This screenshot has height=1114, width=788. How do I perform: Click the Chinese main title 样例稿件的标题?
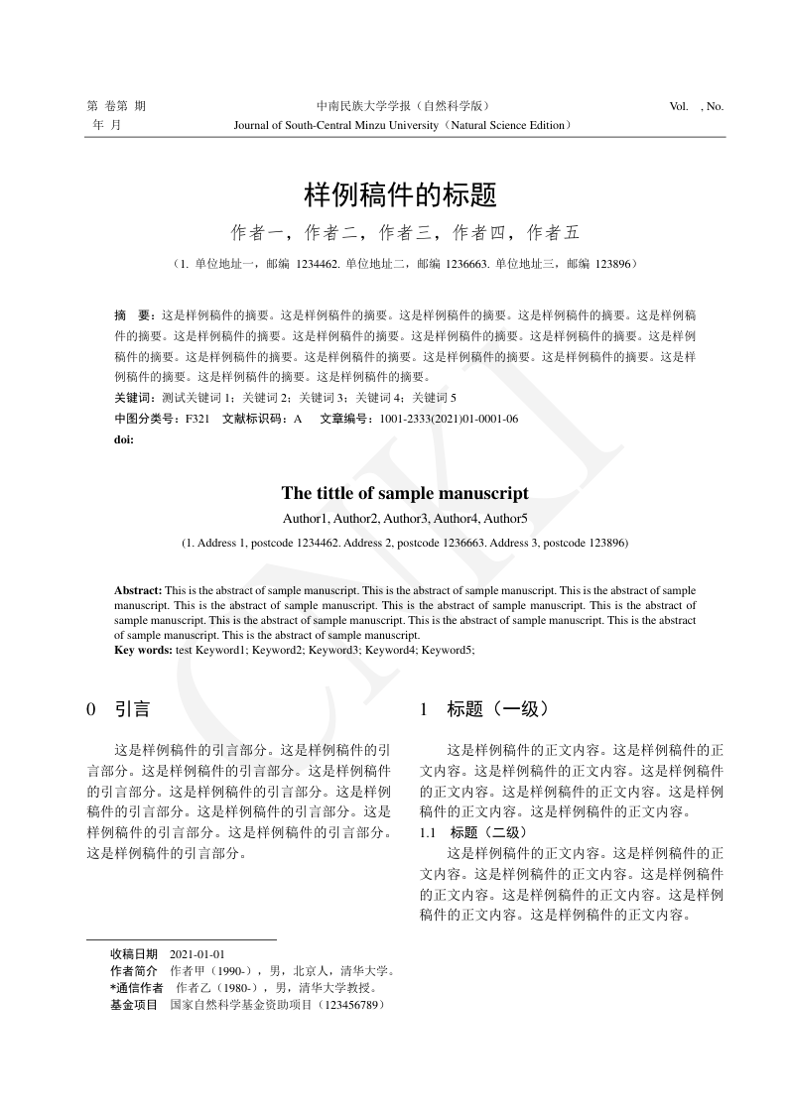(399, 193)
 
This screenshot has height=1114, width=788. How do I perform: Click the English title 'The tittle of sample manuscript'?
(405, 493)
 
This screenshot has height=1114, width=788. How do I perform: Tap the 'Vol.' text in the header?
(679, 106)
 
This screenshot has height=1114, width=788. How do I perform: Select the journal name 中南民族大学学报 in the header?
(363, 106)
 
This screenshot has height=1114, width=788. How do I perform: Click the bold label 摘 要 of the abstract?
(132, 313)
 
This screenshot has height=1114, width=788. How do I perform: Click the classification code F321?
(197, 419)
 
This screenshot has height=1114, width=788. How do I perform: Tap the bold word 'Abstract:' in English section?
(138, 590)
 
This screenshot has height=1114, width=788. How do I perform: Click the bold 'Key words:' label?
(144, 650)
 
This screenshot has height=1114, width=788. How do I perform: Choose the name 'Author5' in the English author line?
(506, 518)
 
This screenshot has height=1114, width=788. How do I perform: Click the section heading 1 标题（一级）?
(484, 709)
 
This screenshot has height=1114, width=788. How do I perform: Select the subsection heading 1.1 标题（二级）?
(474, 831)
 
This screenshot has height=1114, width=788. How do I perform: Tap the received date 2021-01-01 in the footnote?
(197, 954)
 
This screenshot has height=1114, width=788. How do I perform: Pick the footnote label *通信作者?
(136, 988)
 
